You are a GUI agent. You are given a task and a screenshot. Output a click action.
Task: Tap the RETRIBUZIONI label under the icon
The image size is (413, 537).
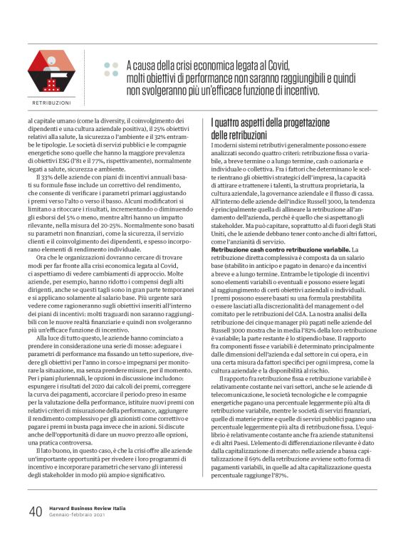coord(51,102)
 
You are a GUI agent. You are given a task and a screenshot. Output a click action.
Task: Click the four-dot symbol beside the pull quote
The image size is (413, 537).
coord(110,70)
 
